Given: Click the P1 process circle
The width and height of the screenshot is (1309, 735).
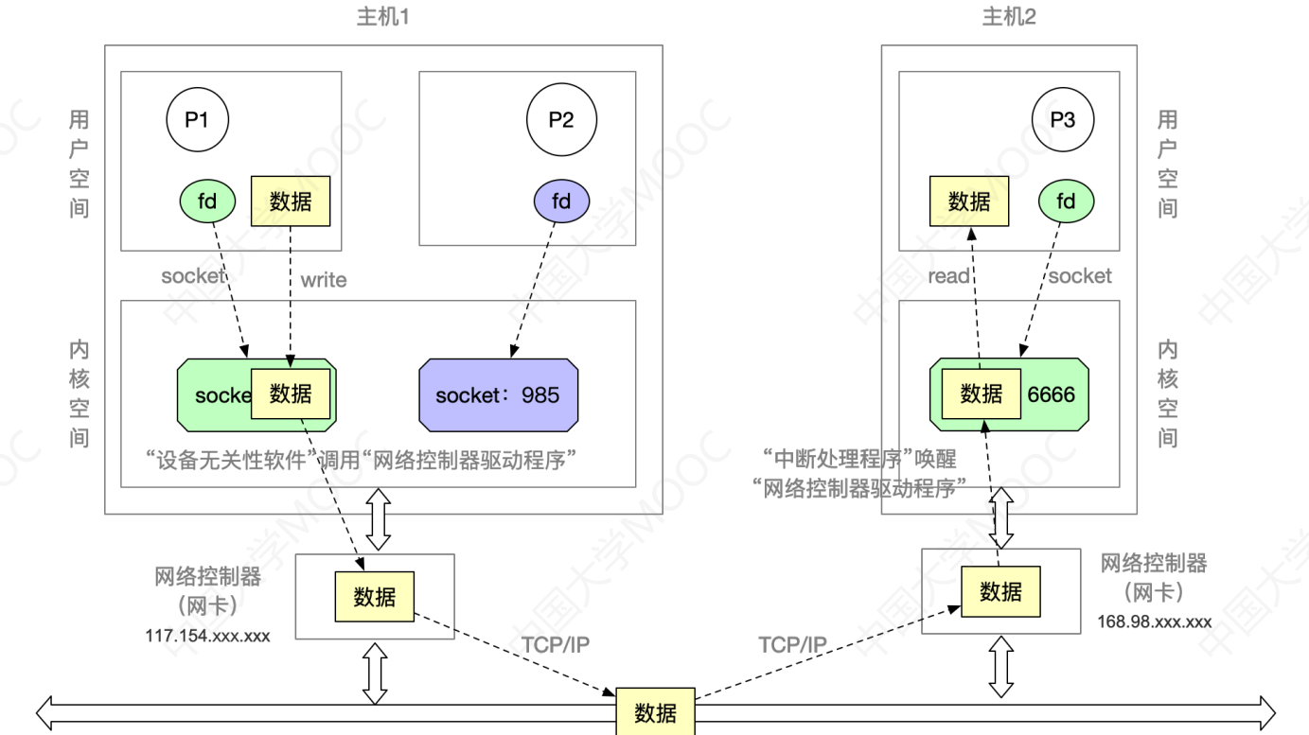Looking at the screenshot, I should pos(197,121).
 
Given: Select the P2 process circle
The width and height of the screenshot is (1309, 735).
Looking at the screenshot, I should pos(561,121).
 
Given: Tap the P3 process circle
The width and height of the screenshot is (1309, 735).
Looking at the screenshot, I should pos(1062,121).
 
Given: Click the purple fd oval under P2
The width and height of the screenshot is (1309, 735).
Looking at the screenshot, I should pos(561,201).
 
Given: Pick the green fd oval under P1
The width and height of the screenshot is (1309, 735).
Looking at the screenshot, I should pos(207,201).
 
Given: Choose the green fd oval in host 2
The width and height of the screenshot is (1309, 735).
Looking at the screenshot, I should pos(1066,201).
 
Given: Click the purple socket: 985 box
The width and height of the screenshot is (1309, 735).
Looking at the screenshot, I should pos(498,394).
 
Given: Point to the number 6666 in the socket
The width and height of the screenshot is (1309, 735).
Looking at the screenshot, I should pos(1052,394).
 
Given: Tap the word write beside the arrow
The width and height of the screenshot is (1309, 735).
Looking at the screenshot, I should pos(323,280).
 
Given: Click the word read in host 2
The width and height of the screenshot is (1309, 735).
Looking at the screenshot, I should pos(949,276).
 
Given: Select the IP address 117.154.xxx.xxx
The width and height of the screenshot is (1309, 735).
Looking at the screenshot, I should pos(207,636).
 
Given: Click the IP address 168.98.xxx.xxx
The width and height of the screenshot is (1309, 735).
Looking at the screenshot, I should pos(1155,621).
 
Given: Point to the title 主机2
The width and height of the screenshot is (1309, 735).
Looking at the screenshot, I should pos(1010,16).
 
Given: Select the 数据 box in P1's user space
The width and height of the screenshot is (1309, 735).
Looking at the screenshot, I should pos(291,201).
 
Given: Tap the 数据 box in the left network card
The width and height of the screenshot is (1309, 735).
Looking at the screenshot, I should pos(374,597).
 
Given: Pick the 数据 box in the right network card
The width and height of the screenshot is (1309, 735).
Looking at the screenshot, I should pos(1000,591).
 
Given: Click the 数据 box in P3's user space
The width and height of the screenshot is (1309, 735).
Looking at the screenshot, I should pos(969,201).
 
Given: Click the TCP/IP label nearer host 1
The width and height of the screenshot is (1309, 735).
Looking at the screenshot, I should pos(556,645).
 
